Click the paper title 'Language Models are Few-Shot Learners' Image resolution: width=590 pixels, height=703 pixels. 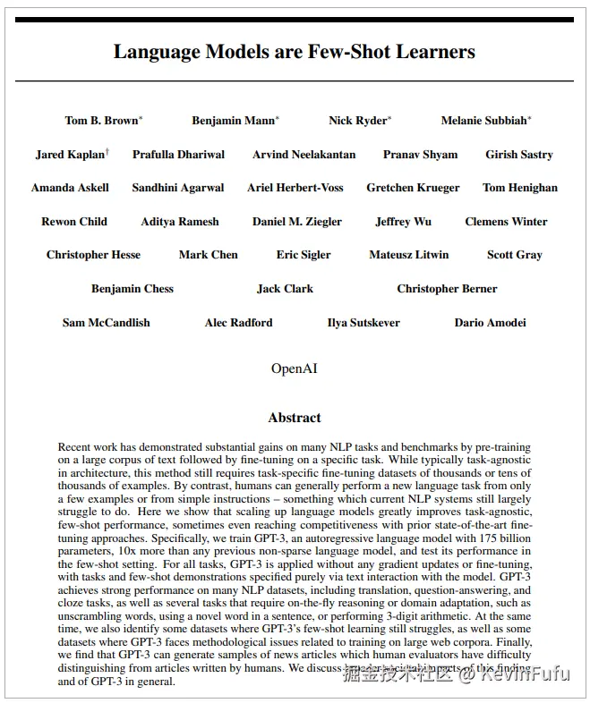[x=294, y=51]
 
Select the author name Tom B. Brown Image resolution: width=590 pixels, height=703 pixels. [x=101, y=121]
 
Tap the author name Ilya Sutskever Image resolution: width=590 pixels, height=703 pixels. [x=363, y=323]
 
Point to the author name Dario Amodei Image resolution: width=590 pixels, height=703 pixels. [x=490, y=323]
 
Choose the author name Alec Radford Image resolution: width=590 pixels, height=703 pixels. [x=238, y=323]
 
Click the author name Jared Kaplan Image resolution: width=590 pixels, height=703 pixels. [x=69, y=155]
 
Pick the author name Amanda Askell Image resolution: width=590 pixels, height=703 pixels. [x=70, y=188]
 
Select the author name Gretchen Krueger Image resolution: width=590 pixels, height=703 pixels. [x=413, y=188]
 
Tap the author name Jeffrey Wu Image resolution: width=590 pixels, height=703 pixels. [x=403, y=222]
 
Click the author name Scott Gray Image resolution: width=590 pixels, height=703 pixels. [x=514, y=255]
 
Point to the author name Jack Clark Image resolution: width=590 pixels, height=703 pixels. [x=285, y=289]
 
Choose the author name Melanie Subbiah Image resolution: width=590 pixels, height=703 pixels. [x=483, y=121]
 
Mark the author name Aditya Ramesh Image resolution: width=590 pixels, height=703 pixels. [x=179, y=222]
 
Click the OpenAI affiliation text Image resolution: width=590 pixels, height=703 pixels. [x=294, y=368]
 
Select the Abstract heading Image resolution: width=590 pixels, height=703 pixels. [x=294, y=418]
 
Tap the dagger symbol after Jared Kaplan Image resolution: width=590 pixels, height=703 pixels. [x=107, y=152]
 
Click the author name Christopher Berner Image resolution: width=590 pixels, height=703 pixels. [x=447, y=289]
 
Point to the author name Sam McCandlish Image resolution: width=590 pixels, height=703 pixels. [x=106, y=323]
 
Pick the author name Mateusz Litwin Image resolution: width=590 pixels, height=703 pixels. [x=408, y=255]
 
